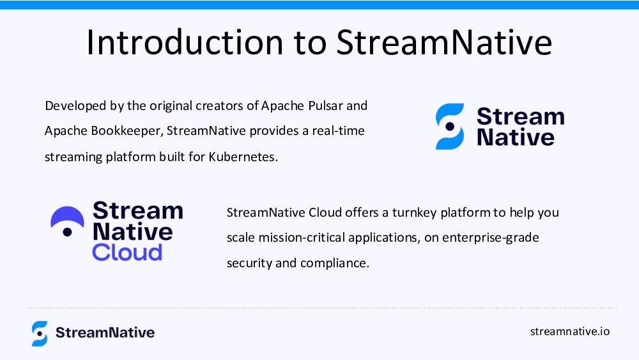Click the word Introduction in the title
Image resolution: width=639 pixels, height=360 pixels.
(185, 42)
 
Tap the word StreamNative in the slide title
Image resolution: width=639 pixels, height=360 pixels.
(444, 42)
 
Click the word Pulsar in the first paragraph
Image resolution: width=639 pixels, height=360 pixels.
(325, 106)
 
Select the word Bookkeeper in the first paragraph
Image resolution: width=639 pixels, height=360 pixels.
(127, 131)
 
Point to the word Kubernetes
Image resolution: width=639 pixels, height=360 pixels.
(243, 157)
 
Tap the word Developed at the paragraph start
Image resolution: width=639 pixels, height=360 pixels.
(75, 106)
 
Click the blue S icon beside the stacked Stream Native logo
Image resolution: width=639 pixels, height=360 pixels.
(450, 127)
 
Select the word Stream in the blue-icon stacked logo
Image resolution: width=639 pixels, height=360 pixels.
(520, 116)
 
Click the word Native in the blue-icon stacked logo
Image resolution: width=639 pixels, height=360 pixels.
(516, 137)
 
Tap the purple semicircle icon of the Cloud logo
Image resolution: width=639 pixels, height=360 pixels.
(67, 216)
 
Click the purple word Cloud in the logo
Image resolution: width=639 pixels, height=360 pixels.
(127, 253)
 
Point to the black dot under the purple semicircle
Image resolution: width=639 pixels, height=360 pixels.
(67, 232)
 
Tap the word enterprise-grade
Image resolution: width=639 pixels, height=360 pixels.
(491, 238)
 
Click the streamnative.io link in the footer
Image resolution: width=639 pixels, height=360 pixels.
(570, 331)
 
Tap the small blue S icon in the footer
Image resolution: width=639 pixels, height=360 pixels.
(40, 334)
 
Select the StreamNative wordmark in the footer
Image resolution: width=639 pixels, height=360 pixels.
(105, 333)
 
